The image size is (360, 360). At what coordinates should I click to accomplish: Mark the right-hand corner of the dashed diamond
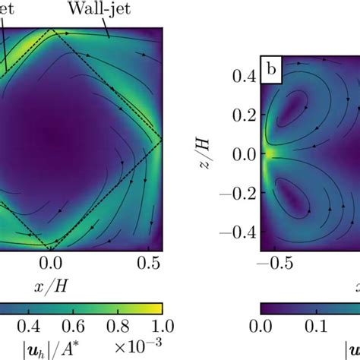(161, 138)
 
